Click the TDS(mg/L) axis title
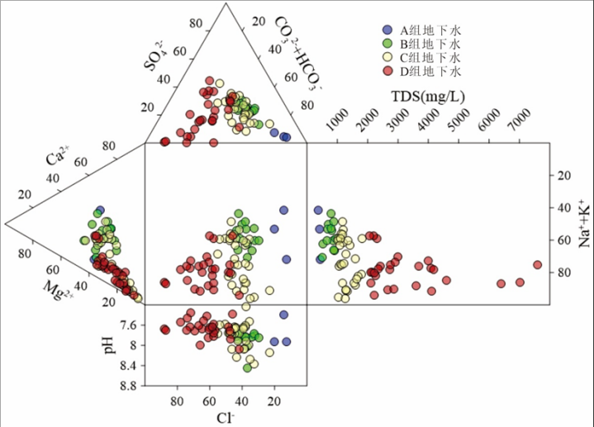(x=429, y=97)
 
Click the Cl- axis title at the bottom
(x=226, y=418)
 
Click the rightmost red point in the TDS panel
(x=537, y=265)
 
